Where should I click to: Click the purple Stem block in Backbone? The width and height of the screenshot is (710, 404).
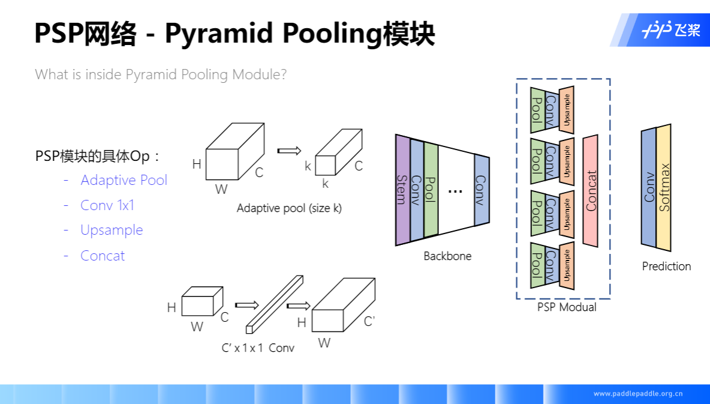pos(402,190)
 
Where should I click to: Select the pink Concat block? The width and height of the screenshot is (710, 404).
pos(591,191)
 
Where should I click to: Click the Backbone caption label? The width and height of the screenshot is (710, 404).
pos(447,256)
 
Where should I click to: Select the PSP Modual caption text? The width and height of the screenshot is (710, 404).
pos(567,307)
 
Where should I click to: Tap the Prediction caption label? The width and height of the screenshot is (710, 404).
pos(666,267)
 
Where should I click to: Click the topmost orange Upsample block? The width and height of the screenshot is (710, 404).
pos(567,110)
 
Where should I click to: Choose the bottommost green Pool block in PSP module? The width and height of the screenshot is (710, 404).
pos(537,265)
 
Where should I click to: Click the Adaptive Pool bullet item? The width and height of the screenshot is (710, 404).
pos(124,180)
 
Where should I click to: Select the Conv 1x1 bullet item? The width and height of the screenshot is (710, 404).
pos(107,205)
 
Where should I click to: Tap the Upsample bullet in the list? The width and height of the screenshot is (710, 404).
pos(112,231)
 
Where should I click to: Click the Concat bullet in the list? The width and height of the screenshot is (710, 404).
pos(103,256)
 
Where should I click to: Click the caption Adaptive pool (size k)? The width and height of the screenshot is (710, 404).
pos(289,209)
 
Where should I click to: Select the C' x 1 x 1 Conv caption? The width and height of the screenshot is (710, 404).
pos(258,348)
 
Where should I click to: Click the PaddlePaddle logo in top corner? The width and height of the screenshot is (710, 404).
pos(670,30)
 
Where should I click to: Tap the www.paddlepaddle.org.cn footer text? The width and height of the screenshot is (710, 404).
pos(638,394)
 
